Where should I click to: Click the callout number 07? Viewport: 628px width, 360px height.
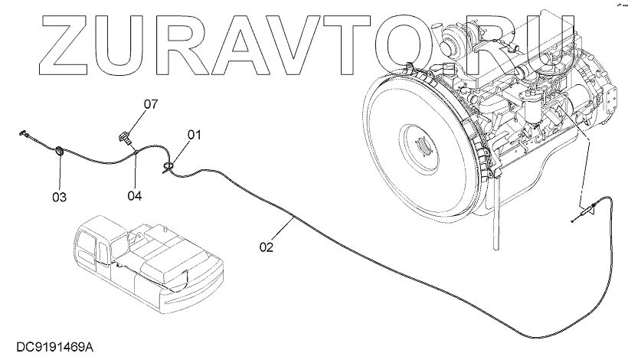click(x=150, y=103)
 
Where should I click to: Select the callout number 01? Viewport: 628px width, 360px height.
click(x=194, y=136)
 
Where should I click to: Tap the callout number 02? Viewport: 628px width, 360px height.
click(x=266, y=247)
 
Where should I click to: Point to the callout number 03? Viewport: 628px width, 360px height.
click(x=59, y=197)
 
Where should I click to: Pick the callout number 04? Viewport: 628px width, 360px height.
click(x=135, y=195)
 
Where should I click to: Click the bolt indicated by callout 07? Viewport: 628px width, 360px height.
click(x=126, y=137)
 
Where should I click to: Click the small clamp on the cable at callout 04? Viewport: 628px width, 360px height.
click(x=135, y=154)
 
